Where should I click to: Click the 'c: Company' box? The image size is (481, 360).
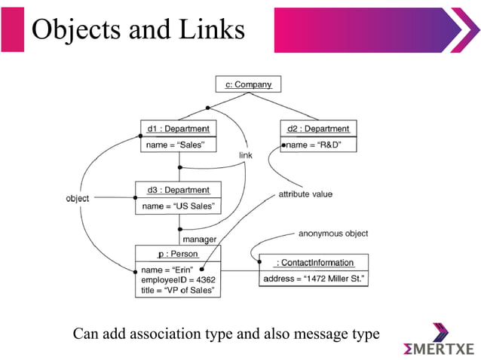(243, 84)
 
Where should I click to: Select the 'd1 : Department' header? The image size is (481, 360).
(178, 129)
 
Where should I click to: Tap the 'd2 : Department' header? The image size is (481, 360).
(317, 129)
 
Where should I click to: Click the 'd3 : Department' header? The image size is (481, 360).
(178, 190)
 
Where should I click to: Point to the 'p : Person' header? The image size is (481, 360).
(178, 254)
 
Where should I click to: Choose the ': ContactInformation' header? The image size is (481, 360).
(314, 262)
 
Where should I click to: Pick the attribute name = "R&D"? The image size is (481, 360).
(320, 145)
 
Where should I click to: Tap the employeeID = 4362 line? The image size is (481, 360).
(177, 279)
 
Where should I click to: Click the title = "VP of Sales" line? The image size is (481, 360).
(177, 290)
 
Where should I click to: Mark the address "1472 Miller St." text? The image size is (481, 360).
(314, 279)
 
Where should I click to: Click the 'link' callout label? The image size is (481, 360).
(246, 155)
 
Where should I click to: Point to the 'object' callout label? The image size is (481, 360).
(77, 198)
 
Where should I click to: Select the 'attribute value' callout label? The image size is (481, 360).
(305, 194)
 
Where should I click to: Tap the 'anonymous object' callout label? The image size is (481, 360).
(333, 233)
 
